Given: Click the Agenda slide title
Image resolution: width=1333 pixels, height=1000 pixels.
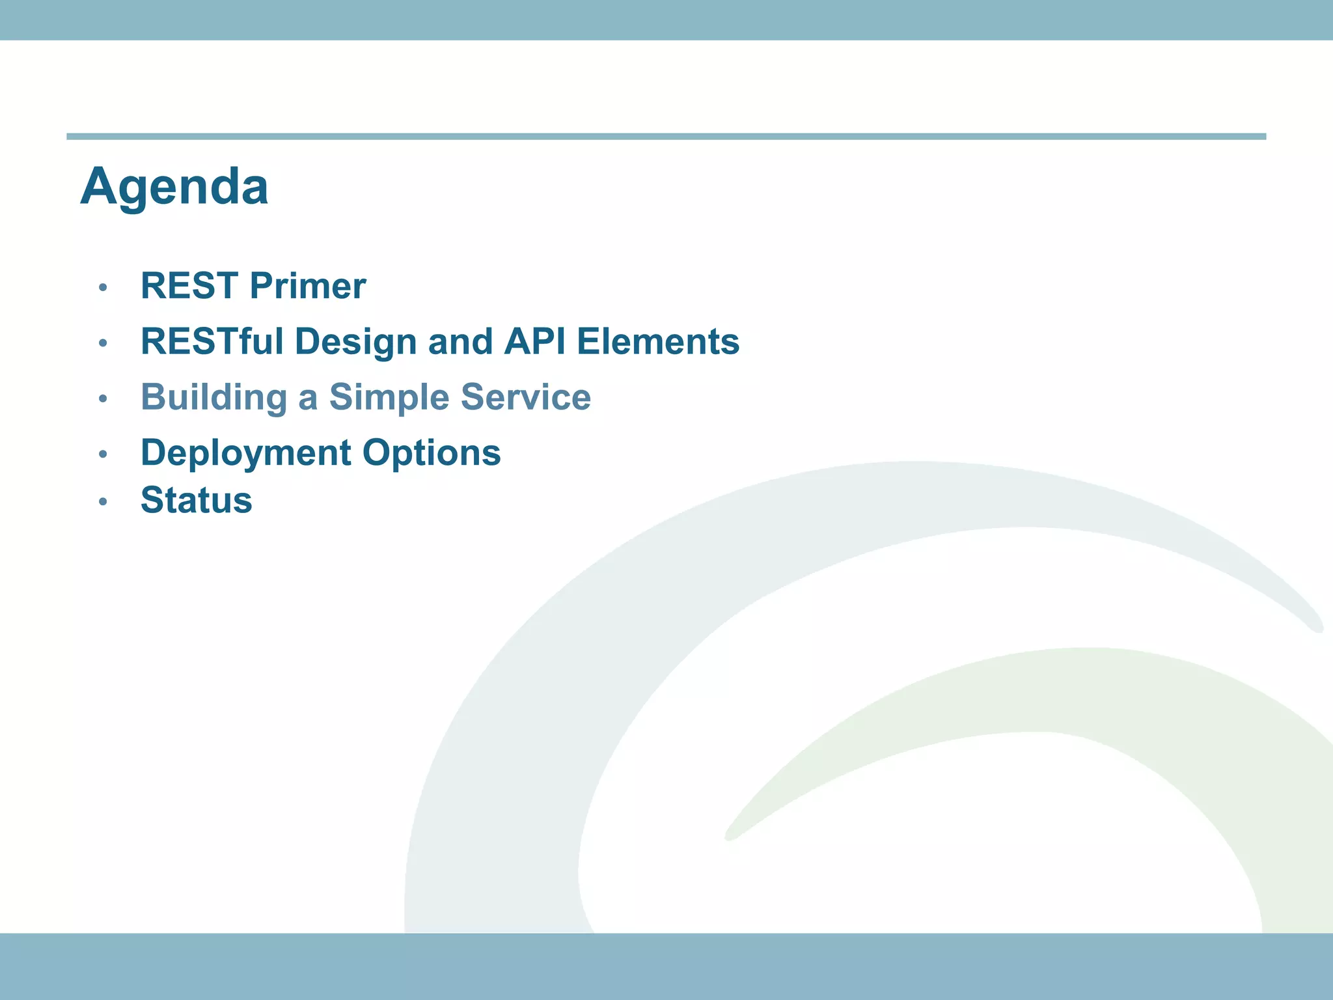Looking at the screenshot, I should point(174,187).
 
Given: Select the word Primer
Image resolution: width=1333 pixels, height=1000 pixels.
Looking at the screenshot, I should point(308,286).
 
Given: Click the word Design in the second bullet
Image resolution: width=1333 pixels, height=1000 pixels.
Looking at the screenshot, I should point(355,342).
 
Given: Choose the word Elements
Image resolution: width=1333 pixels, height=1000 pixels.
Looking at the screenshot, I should point(658,342).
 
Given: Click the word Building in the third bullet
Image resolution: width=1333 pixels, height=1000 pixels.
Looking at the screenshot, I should point(213,397).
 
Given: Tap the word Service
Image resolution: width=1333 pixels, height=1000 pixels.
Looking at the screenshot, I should point(525,397).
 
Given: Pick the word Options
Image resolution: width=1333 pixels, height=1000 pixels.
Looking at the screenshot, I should point(432,452).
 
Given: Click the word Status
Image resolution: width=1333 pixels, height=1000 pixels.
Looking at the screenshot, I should point(196,501).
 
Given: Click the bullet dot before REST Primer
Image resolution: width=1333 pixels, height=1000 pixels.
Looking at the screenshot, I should point(102,287).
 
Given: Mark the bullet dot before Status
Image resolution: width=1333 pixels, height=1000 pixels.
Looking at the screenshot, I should point(102,501).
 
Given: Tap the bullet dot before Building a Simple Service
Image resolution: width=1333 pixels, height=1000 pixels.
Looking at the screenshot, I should point(102,398).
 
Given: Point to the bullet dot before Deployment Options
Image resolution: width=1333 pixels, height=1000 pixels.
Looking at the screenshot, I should point(102,454).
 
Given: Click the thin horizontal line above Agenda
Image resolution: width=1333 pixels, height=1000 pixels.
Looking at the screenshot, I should point(666,137).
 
